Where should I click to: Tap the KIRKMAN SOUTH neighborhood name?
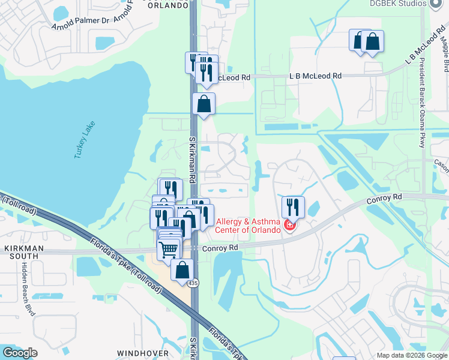tap(21, 251)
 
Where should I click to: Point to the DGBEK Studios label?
tap(394, 3)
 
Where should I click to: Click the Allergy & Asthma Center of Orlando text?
tap(249, 226)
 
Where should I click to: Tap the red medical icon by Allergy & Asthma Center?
tap(289, 226)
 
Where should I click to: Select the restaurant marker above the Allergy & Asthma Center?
tap(293, 208)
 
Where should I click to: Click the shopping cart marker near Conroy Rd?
tap(169, 249)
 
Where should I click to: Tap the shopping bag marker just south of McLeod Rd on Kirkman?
tap(204, 104)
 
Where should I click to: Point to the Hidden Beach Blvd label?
tap(26, 289)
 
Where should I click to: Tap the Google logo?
tap(21, 352)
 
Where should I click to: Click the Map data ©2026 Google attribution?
tap(411, 355)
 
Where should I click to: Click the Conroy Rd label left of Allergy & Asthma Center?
tap(220, 247)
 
